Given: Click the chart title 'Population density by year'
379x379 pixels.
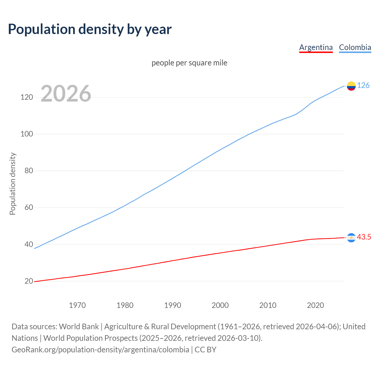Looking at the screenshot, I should point(90,29).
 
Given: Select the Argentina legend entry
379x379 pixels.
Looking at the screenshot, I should point(316,47).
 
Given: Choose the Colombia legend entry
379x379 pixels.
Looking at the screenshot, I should point(355,47).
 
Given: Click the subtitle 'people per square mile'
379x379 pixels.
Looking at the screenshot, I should point(189,63).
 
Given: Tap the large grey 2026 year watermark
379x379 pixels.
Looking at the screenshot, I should point(66,94).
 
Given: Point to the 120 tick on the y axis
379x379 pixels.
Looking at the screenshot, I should point(27,97).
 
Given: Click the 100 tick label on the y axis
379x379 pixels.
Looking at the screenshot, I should point(27,134).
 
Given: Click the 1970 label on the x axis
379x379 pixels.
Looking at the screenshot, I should point(77,305).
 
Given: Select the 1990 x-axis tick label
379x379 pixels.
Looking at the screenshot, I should point(173,305).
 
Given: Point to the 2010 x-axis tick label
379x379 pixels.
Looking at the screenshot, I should point(268,305).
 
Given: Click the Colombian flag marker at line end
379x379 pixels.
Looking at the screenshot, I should point(351,86).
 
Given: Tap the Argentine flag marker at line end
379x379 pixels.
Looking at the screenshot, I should point(351,237).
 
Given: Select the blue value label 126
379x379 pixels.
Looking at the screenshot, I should point(363,86).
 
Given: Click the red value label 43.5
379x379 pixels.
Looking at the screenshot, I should point(364,237).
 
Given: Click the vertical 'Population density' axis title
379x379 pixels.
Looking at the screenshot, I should point(12,184).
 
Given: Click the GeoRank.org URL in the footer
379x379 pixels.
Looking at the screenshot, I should point(100,350).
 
